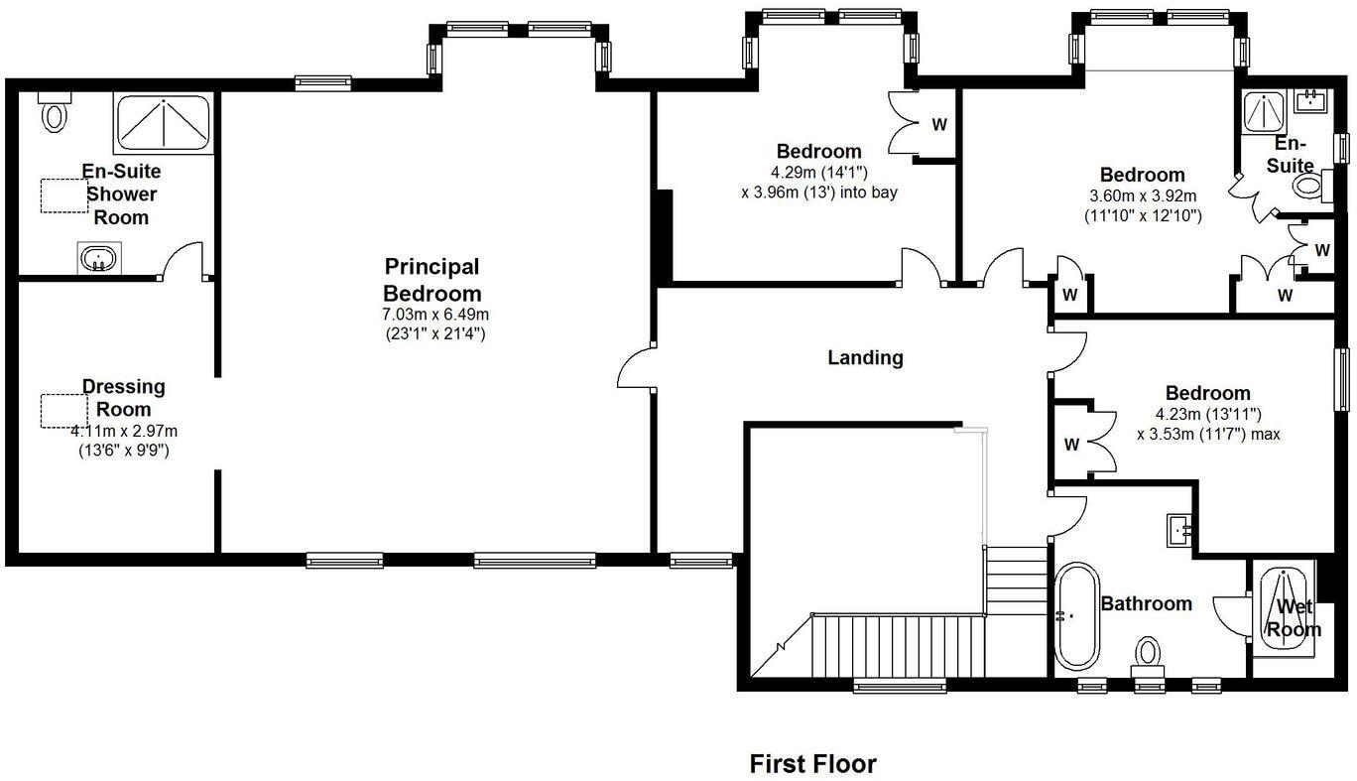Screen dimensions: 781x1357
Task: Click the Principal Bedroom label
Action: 432,280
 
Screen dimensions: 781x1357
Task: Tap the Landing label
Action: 865,357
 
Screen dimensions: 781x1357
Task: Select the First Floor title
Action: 812,763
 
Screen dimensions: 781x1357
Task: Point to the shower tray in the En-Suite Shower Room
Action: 163,123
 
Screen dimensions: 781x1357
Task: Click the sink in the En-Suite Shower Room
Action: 98,260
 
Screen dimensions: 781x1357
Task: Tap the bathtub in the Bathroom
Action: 1075,616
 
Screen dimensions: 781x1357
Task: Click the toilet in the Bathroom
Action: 1148,655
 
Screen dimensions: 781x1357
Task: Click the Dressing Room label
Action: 124,397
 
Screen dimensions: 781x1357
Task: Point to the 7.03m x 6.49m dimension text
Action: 437,314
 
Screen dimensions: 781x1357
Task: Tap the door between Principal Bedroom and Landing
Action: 636,368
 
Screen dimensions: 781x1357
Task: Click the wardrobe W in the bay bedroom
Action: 938,125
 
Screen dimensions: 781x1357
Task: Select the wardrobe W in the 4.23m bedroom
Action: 1071,445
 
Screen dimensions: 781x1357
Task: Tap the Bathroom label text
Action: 1147,603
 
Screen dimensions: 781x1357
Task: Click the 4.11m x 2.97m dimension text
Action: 124,432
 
